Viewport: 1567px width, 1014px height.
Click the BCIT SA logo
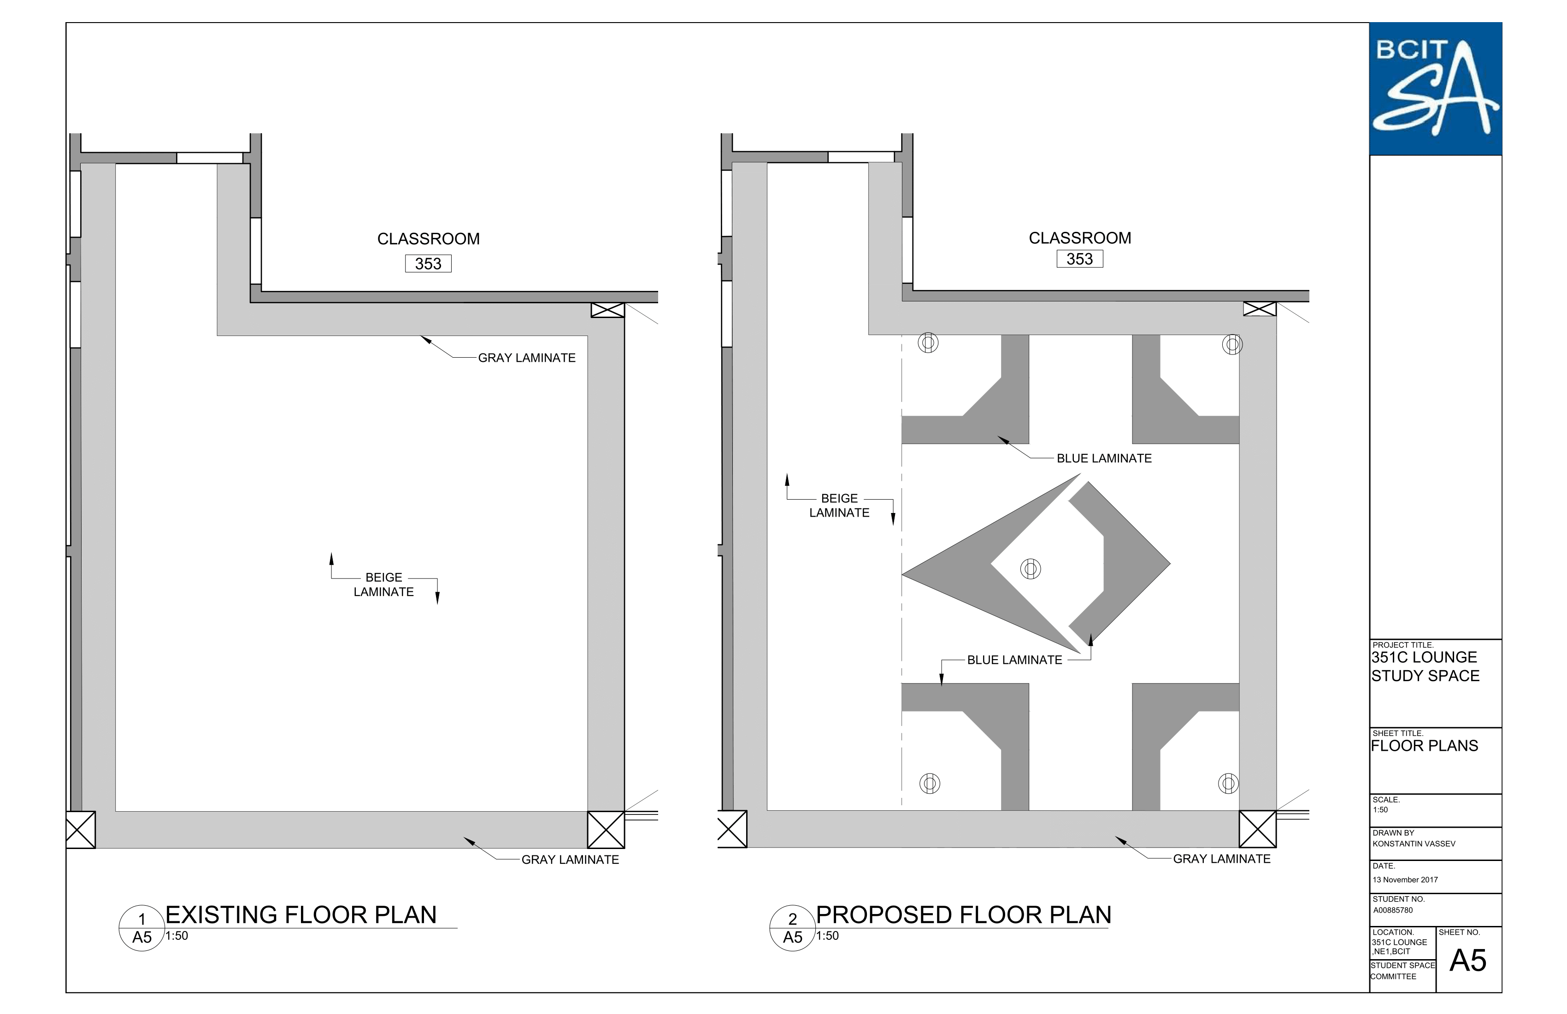(x=1435, y=89)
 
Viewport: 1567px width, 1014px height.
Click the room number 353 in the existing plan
(x=428, y=263)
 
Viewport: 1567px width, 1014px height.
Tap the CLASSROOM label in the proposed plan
(x=1080, y=238)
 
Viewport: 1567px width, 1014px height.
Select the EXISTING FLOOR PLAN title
(x=301, y=914)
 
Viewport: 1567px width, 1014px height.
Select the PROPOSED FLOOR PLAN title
(x=963, y=914)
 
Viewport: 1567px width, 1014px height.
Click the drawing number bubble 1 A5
(x=141, y=928)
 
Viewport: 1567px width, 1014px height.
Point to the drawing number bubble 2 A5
(x=793, y=928)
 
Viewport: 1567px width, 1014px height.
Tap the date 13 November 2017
(x=1405, y=880)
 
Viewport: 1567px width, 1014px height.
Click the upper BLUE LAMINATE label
(x=1104, y=458)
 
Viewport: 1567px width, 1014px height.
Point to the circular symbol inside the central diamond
(x=1031, y=568)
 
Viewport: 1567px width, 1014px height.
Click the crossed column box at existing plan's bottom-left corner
(x=80, y=830)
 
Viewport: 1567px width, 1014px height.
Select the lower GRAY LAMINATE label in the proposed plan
(x=1222, y=859)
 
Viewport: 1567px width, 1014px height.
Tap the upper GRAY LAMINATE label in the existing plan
(x=527, y=358)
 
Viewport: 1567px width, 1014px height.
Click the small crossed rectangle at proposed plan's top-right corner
(x=1260, y=309)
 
